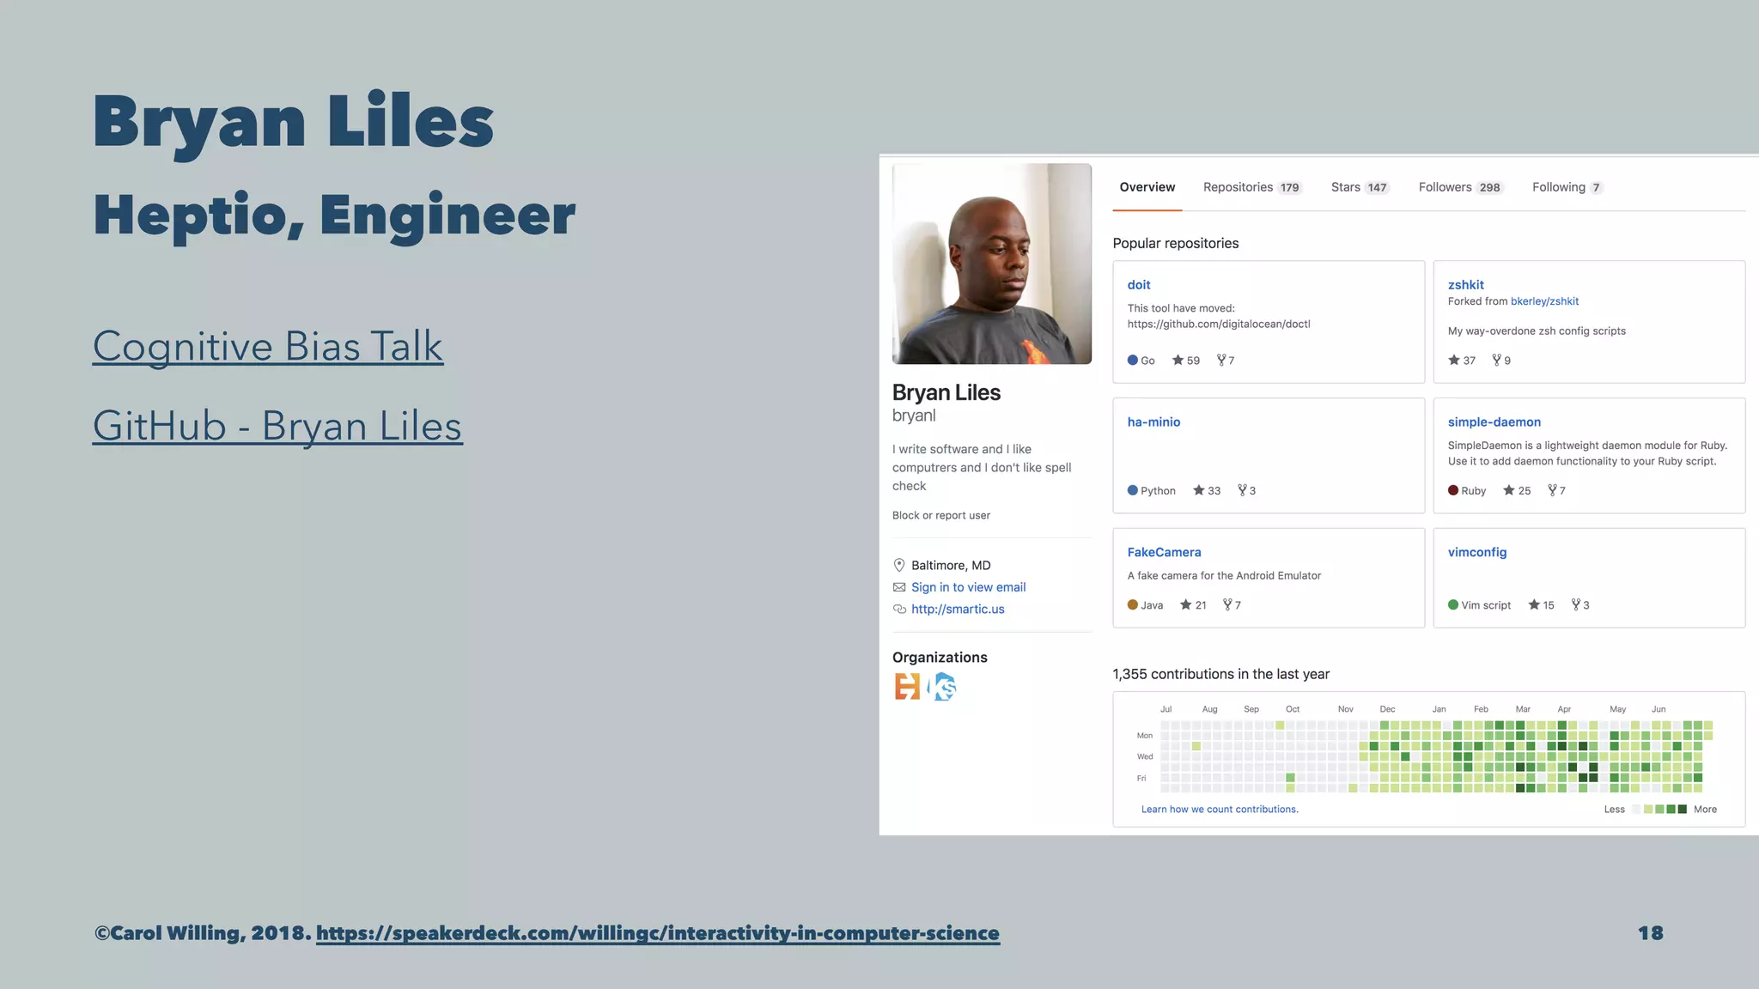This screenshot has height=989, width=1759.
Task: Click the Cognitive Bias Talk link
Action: point(268,347)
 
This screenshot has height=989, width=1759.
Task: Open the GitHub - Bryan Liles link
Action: point(277,427)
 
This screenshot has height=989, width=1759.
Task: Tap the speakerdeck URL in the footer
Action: point(657,933)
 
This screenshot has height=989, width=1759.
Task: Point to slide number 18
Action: point(1650,933)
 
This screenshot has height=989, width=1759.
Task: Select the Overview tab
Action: point(1147,187)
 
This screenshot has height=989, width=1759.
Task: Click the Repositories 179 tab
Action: point(1251,187)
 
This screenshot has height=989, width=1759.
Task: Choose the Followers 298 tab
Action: point(1460,187)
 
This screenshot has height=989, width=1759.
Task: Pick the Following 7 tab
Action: point(1567,187)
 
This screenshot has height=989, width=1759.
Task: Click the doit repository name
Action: point(1139,285)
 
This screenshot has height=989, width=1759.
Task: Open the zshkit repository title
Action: point(1465,285)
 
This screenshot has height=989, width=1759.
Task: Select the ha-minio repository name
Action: point(1153,422)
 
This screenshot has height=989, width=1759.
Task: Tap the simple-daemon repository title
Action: point(1494,422)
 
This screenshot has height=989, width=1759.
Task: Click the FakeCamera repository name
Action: point(1164,552)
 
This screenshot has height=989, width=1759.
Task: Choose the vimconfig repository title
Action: point(1476,552)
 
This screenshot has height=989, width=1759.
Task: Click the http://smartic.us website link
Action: point(958,610)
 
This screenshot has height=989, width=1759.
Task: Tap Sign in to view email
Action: point(968,587)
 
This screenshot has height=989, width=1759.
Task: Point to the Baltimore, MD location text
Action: point(951,566)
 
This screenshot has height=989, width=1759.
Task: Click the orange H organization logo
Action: point(907,687)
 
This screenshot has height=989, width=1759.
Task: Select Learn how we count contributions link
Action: point(1220,810)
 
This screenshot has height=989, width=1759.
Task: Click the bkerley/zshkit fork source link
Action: point(1544,301)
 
